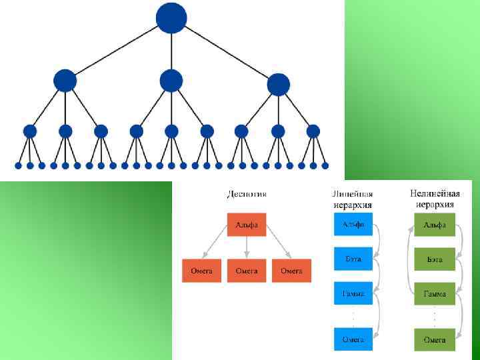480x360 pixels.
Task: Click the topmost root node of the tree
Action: pyautogui.click(x=171, y=18)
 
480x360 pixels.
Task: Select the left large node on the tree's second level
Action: pyautogui.click(x=65, y=81)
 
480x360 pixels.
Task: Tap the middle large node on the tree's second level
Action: pyautogui.click(x=171, y=81)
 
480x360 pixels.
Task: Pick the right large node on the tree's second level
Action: pyautogui.click(x=278, y=85)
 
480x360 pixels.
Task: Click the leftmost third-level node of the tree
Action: pyautogui.click(x=30, y=131)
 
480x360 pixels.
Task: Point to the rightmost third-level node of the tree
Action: pyautogui.click(x=313, y=131)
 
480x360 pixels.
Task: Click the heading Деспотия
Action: pyautogui.click(x=247, y=194)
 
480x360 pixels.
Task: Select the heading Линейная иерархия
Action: pyautogui.click(x=353, y=199)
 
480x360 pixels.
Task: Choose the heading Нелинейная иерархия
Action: pyautogui.click(x=435, y=199)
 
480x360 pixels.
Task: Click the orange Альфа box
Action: pyautogui.click(x=247, y=225)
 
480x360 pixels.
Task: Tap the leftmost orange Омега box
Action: pyautogui.click(x=201, y=271)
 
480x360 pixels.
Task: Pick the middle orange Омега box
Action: pyautogui.click(x=247, y=271)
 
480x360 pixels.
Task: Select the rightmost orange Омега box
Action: pyautogui.click(x=291, y=271)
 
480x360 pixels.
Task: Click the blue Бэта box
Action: pyautogui.click(x=353, y=259)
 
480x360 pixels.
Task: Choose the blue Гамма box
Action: pyautogui.click(x=353, y=293)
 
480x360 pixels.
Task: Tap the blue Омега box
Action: pyautogui.click(x=353, y=339)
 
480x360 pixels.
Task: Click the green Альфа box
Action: pyautogui.click(x=435, y=225)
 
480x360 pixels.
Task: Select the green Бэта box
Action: pyautogui.click(x=435, y=259)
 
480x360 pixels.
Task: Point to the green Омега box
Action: pyautogui.click(x=435, y=339)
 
